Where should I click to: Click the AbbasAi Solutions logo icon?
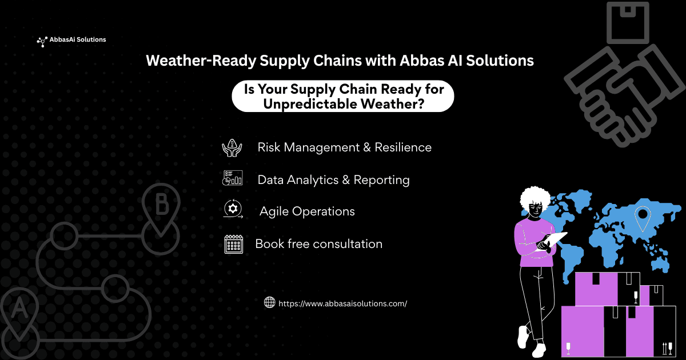click(42, 42)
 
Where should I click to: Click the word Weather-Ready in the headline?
click(201, 61)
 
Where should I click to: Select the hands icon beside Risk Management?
click(232, 148)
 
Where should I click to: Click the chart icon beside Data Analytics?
click(233, 178)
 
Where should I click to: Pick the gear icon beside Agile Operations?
click(233, 209)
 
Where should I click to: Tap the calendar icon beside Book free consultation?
click(234, 245)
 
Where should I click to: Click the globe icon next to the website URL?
click(269, 302)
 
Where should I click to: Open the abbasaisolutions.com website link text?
click(342, 303)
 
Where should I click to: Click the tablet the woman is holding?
click(551, 241)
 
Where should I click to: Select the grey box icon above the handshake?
click(628, 23)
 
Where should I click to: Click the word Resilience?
click(403, 147)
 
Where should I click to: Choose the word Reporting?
click(382, 181)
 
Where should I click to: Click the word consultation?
click(348, 244)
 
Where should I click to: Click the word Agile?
click(274, 212)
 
